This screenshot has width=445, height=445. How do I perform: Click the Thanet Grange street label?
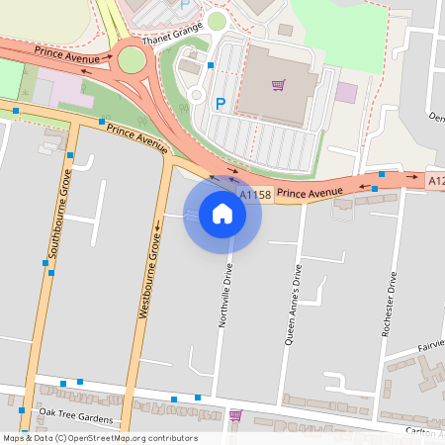pos(171,30)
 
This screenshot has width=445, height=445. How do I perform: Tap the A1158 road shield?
pos(255,196)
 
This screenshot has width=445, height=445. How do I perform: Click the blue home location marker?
pos(222,214)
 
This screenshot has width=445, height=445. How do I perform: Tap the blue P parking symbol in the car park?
pos(221,102)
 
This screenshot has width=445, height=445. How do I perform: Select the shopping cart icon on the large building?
pos(278,85)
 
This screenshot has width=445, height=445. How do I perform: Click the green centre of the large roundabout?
pos(132,61)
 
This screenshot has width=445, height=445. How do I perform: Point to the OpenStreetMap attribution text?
pos(100,438)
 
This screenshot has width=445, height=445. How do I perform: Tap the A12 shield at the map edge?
pos(436,181)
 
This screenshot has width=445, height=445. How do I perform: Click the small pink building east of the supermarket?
pos(346,92)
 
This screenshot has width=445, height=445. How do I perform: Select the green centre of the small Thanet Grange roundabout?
pos(217,21)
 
